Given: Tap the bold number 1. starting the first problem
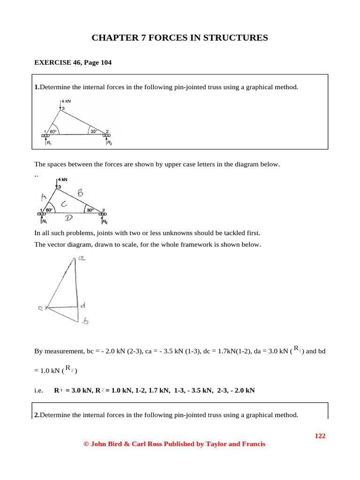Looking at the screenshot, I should (x=37, y=87).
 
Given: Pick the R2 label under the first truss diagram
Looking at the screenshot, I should (x=109, y=143).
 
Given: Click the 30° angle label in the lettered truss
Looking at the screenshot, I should (x=90, y=210).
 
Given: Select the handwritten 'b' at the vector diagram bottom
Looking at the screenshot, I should (x=85, y=321).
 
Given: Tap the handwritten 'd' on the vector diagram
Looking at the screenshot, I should (x=82, y=306).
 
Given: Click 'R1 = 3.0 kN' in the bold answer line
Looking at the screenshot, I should (x=74, y=390).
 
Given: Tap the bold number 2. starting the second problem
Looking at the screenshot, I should (x=37, y=415).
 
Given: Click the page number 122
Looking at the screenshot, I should (x=320, y=436).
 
